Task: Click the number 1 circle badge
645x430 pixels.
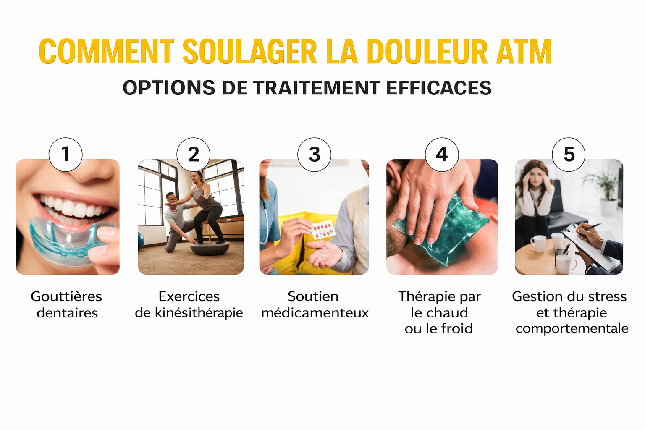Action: (x=66, y=154)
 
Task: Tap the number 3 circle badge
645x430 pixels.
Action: (x=314, y=154)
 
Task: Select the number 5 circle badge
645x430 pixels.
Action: (x=569, y=154)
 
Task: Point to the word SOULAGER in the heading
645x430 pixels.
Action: (x=249, y=52)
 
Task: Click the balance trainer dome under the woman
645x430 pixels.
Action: (x=210, y=248)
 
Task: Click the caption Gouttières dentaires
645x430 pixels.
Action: (x=67, y=304)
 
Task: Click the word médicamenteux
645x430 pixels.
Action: (x=315, y=313)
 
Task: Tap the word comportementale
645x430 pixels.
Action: (x=572, y=328)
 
